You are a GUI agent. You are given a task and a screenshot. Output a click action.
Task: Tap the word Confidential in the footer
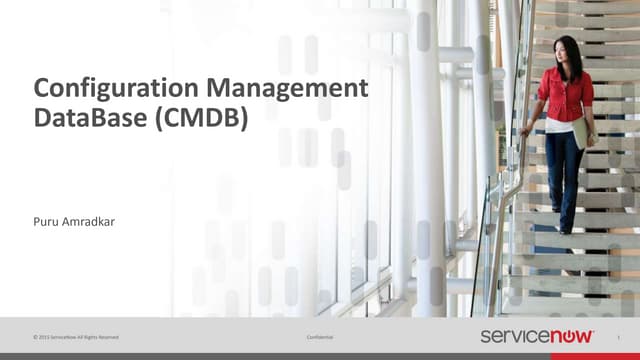pyautogui.click(x=320, y=337)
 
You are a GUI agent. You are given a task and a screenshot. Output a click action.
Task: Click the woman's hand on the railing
pyautogui.click(x=526, y=131)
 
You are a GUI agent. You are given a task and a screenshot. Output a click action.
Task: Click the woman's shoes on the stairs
pyautogui.click(x=565, y=227)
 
